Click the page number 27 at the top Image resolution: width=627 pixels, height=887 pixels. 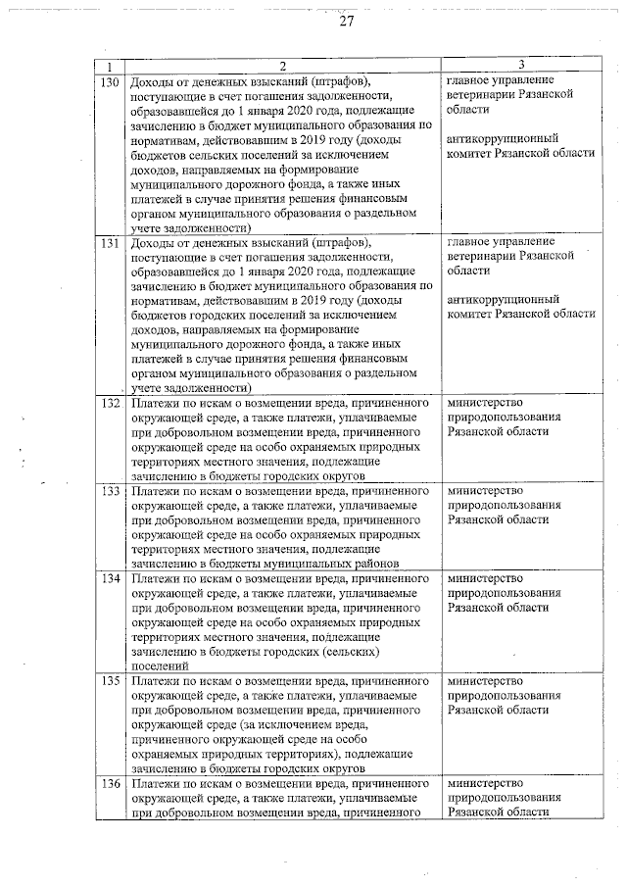click(x=346, y=22)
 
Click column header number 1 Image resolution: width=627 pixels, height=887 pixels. click(x=110, y=66)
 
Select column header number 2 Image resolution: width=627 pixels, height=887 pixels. click(x=281, y=66)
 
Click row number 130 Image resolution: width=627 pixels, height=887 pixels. click(x=110, y=81)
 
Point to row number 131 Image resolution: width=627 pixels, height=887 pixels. click(x=110, y=241)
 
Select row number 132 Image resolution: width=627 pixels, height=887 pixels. click(x=110, y=402)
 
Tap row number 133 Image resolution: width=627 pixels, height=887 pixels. click(x=110, y=490)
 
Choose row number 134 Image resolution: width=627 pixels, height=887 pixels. click(x=110, y=579)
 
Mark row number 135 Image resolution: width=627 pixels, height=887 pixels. click(x=110, y=680)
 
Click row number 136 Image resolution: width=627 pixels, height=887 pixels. click(x=110, y=784)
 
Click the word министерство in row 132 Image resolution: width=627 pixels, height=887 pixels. click(x=484, y=403)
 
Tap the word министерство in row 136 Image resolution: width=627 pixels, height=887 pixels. click(x=484, y=784)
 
